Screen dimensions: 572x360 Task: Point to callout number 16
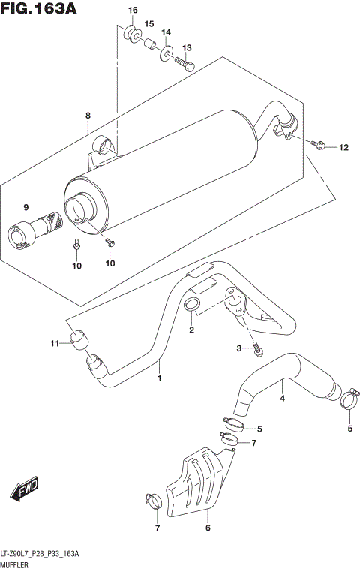tap(132, 10)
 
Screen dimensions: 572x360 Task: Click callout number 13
tap(187, 48)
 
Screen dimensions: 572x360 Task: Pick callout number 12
tap(343, 147)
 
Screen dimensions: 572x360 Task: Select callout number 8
tap(88, 116)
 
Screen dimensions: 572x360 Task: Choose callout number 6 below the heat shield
tap(207, 528)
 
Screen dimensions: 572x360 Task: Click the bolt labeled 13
tap(185, 65)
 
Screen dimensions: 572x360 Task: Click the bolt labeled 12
tap(320, 145)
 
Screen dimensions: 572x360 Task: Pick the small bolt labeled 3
tap(257, 347)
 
